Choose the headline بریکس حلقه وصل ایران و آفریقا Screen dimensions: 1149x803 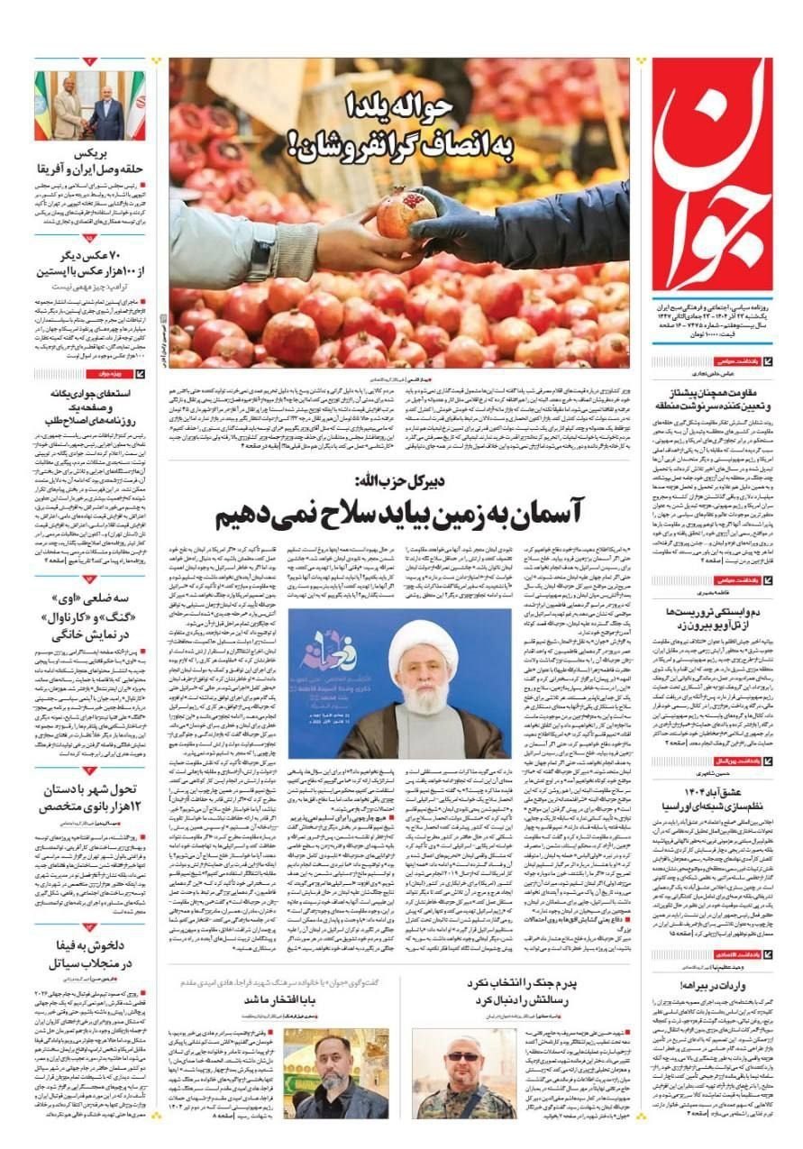point(89,160)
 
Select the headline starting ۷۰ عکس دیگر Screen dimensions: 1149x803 point(89,261)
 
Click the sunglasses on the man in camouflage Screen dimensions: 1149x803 point(463,1056)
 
